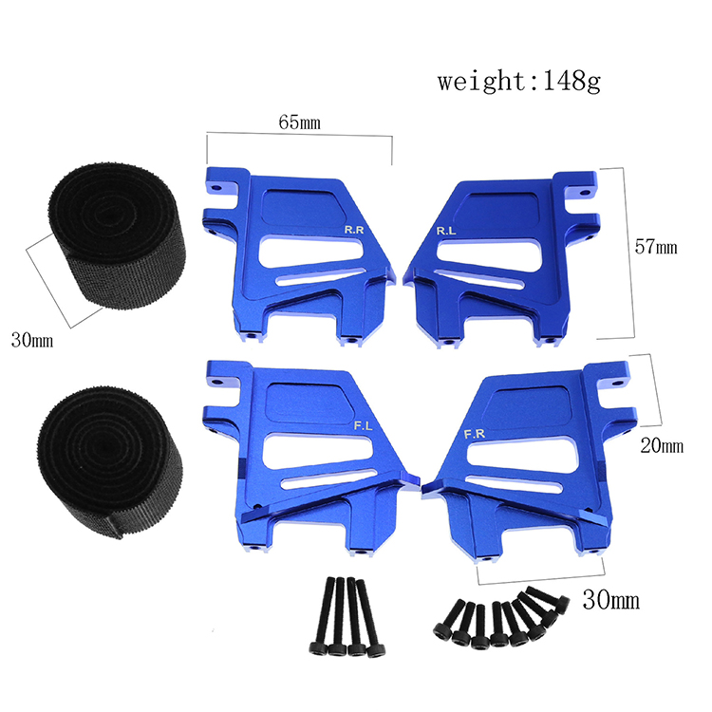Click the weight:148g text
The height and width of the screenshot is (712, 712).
519,82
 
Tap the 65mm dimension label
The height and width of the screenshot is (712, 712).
299,122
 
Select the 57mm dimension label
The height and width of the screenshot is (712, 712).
656,247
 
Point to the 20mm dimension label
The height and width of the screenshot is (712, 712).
662,446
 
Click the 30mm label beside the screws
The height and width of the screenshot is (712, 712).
611,600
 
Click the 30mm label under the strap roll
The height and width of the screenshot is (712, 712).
31,340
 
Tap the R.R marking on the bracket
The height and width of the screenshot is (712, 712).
354,230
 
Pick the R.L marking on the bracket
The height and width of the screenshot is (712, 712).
446,231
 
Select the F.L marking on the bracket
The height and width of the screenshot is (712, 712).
363,426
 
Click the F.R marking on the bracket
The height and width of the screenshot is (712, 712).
475,435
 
